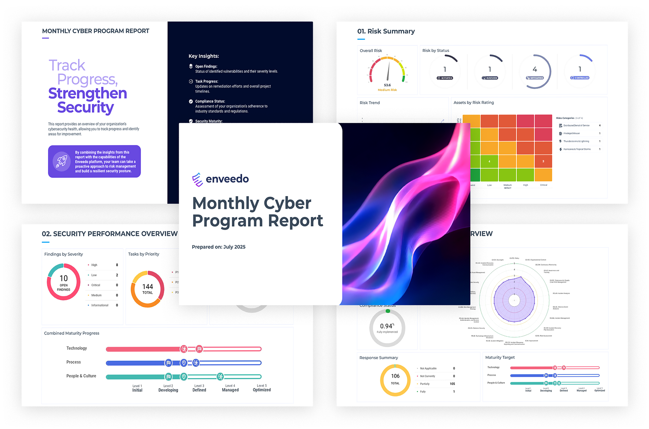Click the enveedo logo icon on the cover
coord(197,179)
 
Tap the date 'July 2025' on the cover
coord(234,247)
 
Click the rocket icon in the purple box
coord(62,161)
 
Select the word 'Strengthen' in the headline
coord(88,93)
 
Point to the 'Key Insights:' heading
coord(204,56)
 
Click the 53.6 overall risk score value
coord(387,85)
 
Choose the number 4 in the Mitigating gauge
coord(535,69)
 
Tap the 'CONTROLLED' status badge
coord(580,78)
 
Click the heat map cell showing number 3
coord(543,161)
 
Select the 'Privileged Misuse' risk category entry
coord(571,133)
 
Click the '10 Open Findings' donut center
coord(64,282)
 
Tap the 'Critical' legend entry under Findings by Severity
coord(96,285)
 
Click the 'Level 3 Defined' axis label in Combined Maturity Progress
coord(199,388)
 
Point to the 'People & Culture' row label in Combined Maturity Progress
coord(81,376)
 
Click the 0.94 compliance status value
coord(386,326)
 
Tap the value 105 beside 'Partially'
coord(452,384)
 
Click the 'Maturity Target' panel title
coord(500,357)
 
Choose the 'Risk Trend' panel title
coord(370,103)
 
